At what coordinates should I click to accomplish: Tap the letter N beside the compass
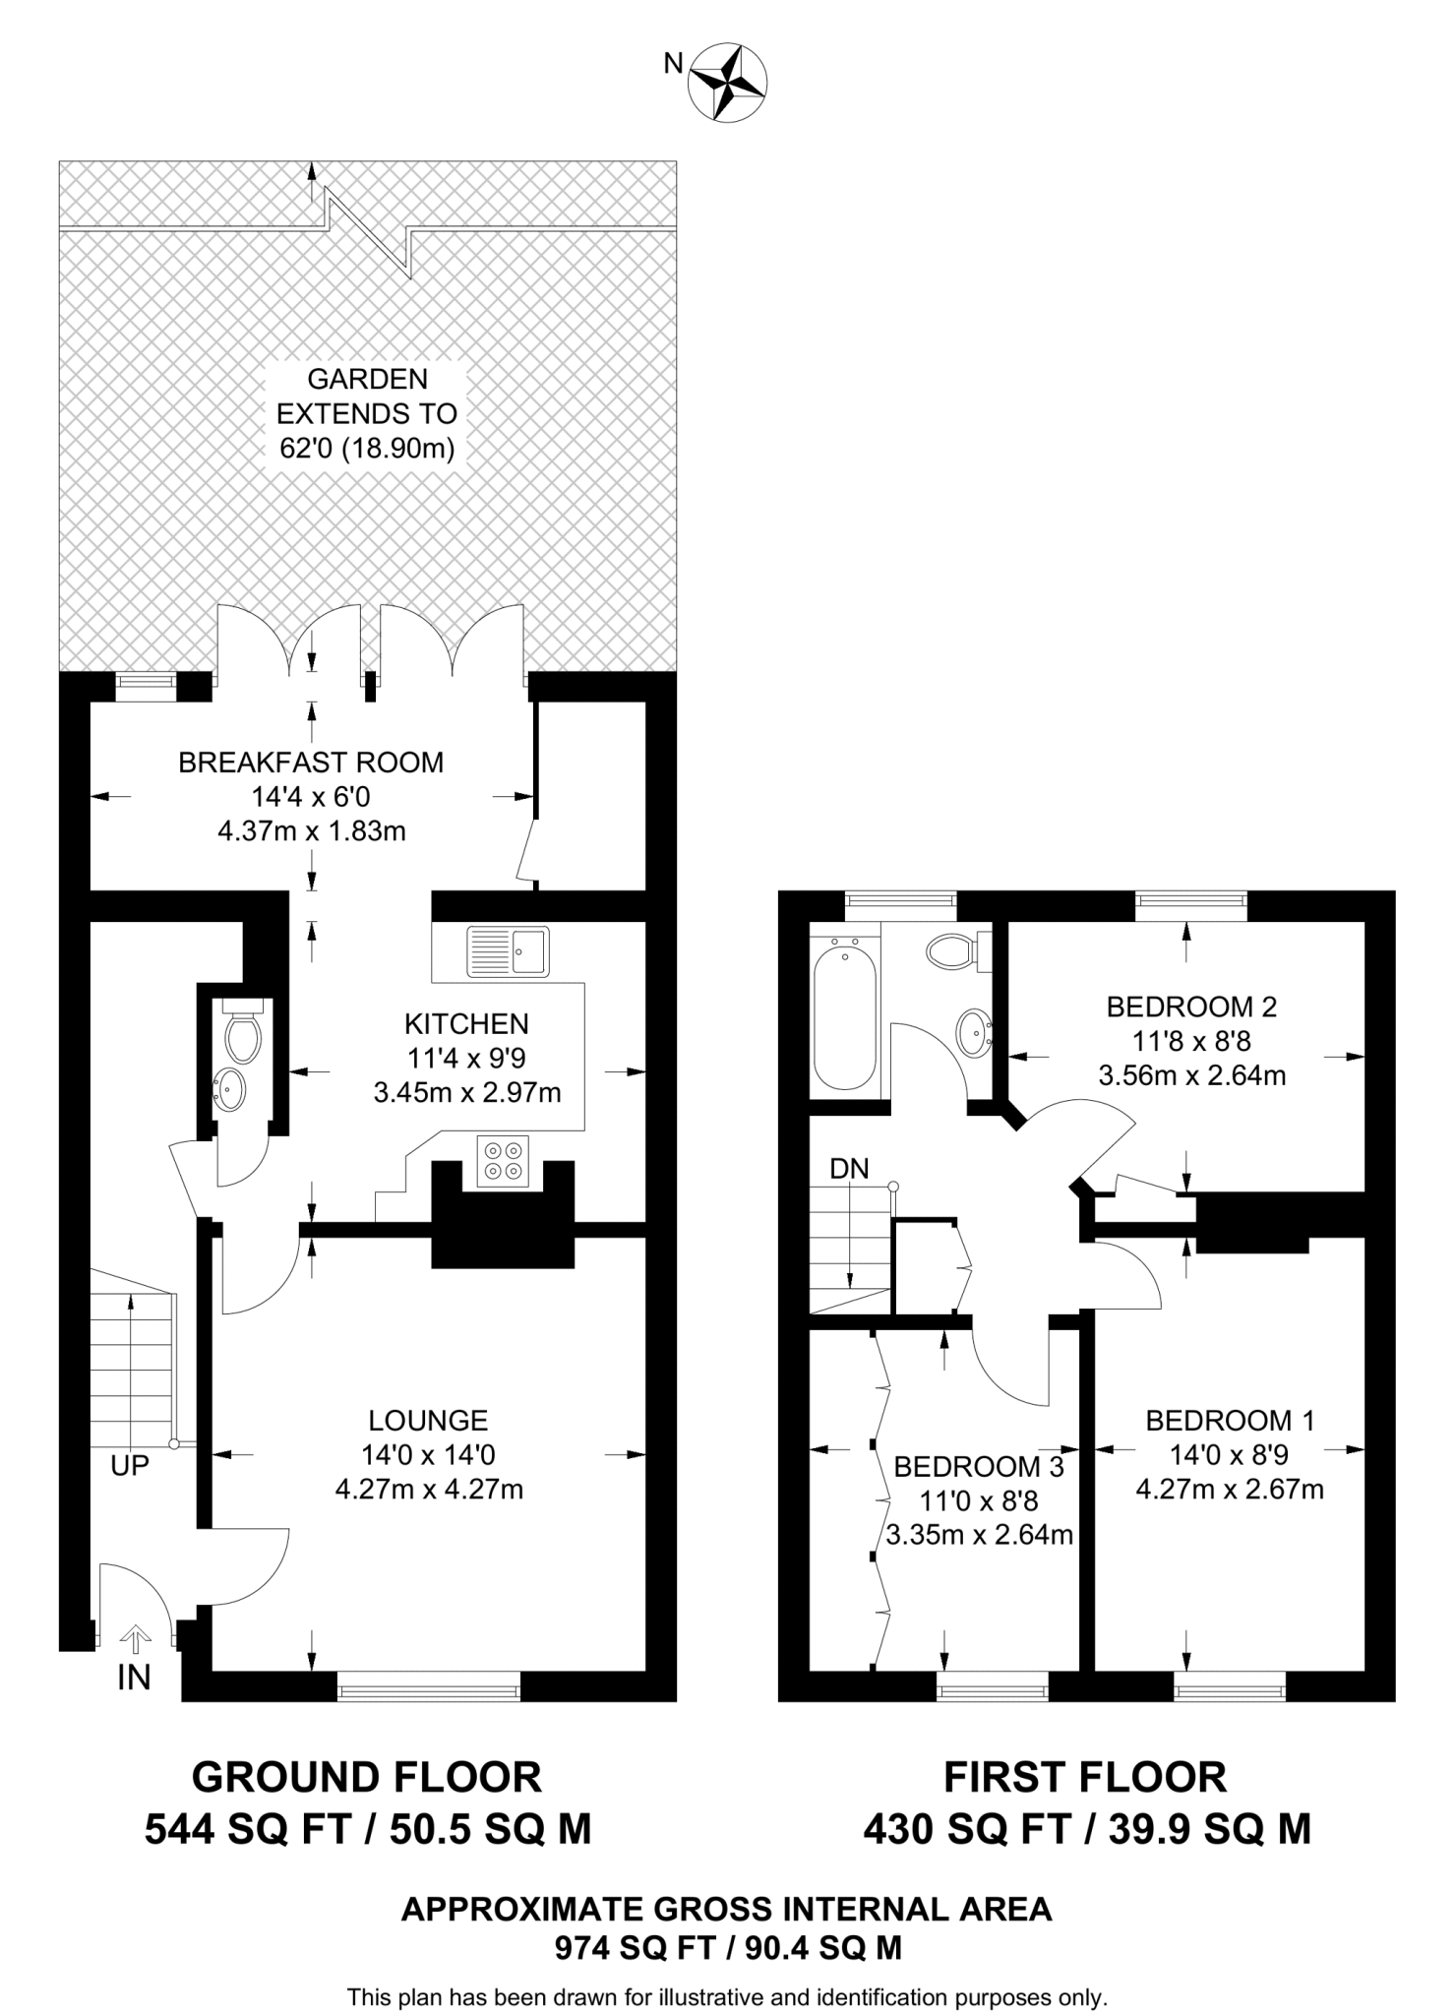coord(673,64)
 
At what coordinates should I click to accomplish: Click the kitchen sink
coord(509,951)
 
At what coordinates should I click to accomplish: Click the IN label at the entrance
coord(134,1679)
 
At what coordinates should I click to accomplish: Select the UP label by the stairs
coord(130,1466)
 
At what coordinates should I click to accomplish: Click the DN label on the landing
coord(849,1169)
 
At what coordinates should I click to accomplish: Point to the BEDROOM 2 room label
coord(1191,1007)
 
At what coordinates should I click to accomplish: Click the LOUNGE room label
coord(428,1420)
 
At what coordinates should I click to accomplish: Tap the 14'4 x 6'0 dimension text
coord(311,797)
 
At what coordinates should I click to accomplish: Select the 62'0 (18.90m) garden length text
coord(368,449)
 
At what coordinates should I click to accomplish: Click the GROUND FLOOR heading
coord(367,1778)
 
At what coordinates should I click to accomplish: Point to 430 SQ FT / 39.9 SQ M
coord(1086,1829)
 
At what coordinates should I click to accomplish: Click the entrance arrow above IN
coord(135,1637)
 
